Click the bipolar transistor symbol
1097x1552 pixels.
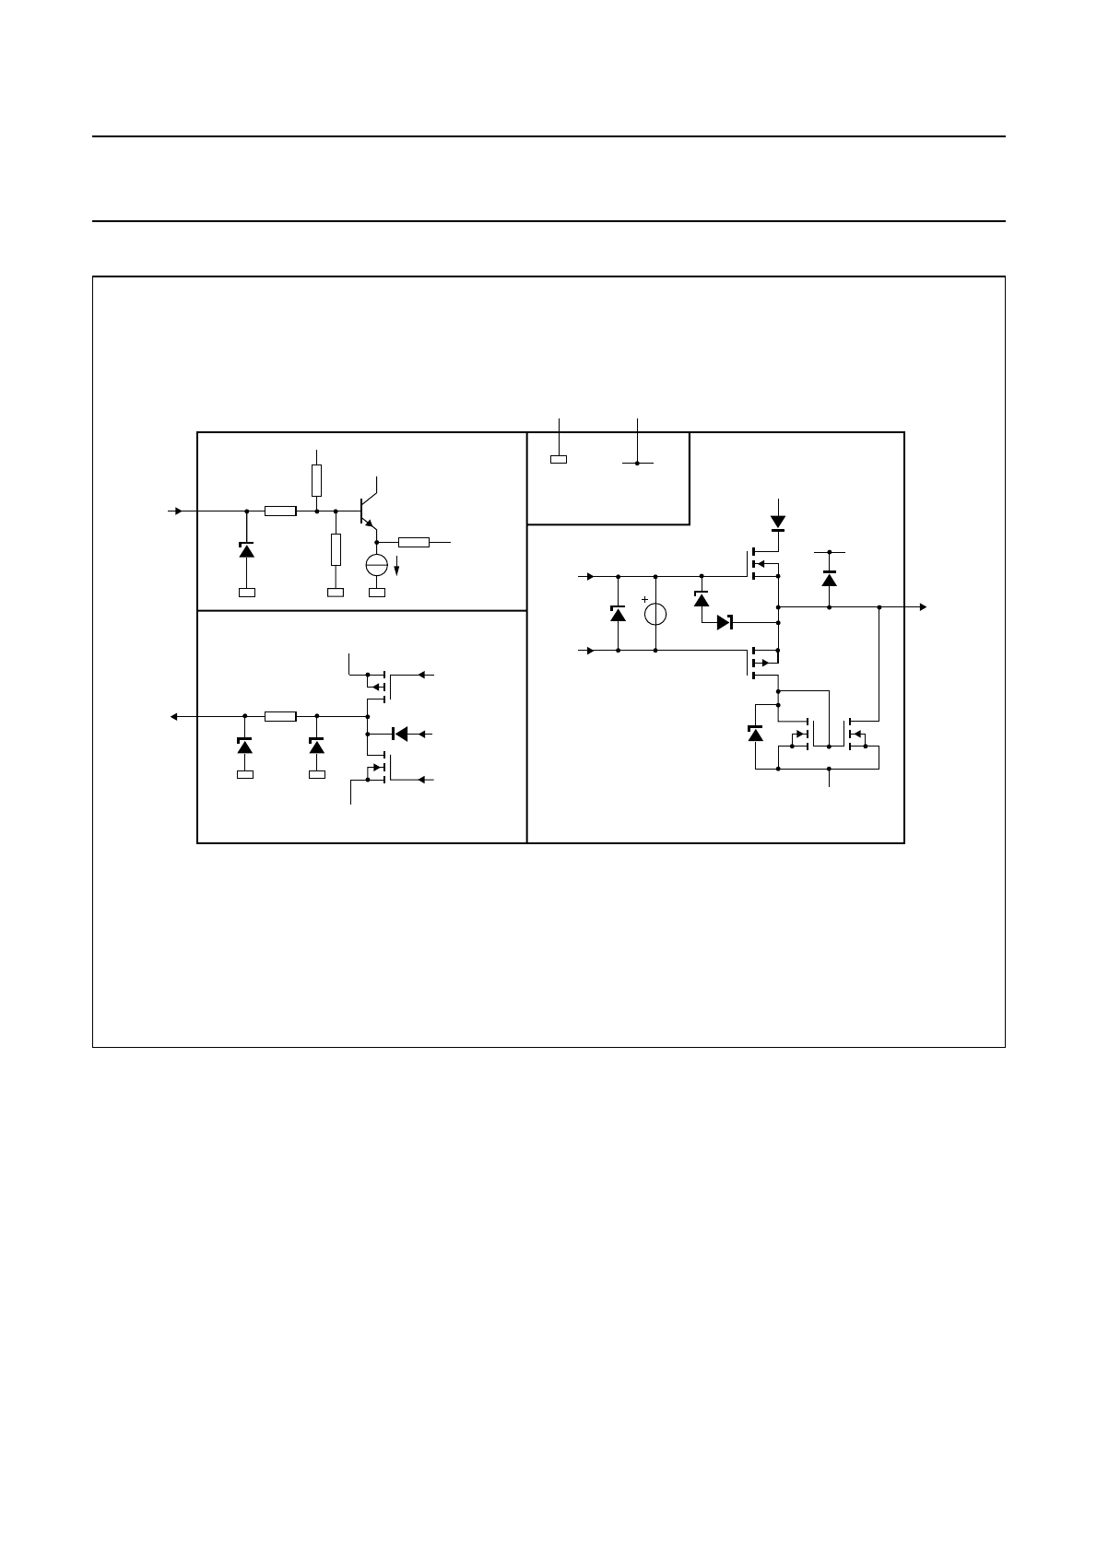[x=368, y=510]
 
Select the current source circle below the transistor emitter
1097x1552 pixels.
[x=377, y=565]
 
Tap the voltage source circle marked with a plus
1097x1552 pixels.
[x=655, y=614]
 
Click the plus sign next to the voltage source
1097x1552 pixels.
[x=644, y=599]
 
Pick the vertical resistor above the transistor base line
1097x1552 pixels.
[x=317, y=480]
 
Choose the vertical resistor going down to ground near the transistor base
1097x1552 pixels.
[x=336, y=548]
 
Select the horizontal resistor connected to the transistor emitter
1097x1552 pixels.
[x=414, y=542]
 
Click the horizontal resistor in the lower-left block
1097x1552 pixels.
[x=280, y=716]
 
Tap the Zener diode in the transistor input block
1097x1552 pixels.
[x=246, y=549]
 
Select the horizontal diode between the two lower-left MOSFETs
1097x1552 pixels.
[x=400, y=734]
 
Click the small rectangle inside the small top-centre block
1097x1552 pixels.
[x=559, y=458]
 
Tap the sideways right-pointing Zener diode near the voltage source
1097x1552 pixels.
[x=724, y=622]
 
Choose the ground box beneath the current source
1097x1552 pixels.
[x=377, y=593]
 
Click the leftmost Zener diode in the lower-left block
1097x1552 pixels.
[x=245, y=745]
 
